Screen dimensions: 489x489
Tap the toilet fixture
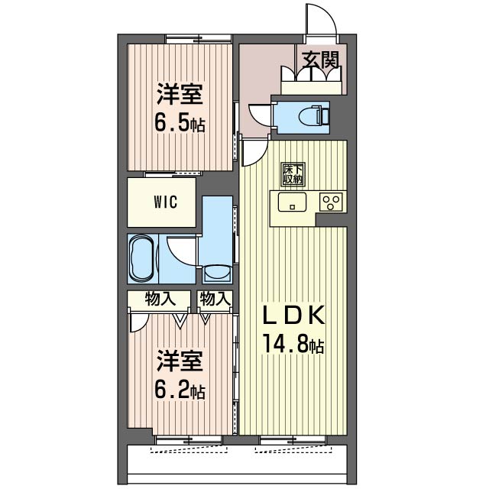pos(313,117)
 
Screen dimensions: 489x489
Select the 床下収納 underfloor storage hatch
pos(293,174)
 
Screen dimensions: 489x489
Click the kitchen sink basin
pos(292,202)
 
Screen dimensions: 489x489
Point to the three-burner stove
pos(331,202)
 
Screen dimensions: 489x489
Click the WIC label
pos(166,202)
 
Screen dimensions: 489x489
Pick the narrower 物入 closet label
pos(215,299)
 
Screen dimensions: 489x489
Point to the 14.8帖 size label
pos(293,343)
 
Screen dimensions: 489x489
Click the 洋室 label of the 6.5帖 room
pos(180,94)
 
